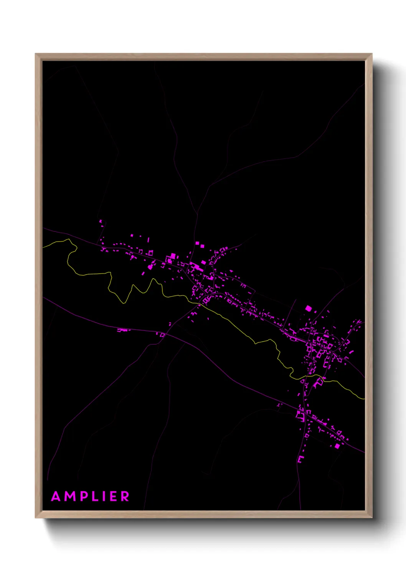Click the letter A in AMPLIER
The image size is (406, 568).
56,496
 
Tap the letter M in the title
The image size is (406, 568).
71,496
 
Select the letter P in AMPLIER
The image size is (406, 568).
85,496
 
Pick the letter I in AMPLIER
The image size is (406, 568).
106,496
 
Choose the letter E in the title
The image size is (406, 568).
114,496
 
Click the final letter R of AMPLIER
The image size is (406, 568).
125,496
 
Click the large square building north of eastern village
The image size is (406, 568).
309,308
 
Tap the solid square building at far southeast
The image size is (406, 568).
337,446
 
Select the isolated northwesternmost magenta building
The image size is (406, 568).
101,221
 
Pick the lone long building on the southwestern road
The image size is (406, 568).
124,330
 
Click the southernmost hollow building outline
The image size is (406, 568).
300,459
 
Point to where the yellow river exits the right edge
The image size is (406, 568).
364,399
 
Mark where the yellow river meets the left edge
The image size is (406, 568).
43,247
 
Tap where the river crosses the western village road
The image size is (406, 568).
200,304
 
